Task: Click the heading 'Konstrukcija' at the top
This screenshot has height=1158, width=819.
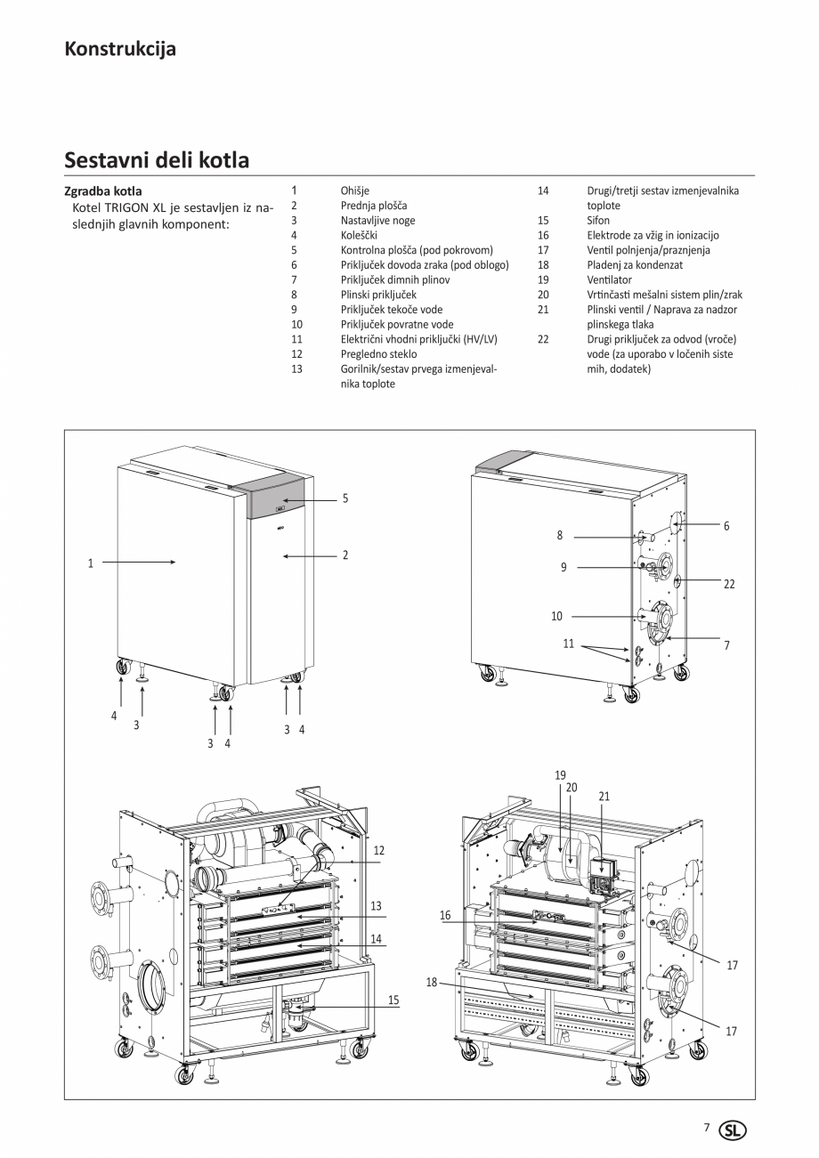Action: point(120,49)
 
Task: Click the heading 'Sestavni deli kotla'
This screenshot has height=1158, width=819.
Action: point(157,160)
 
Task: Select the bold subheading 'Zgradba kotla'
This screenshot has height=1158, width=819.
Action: point(103,191)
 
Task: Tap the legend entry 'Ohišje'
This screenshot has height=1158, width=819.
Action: point(354,190)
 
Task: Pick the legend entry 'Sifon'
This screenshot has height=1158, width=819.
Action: point(598,220)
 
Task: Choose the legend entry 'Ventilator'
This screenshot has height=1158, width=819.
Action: point(609,279)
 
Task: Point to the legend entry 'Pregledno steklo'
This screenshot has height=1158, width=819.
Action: point(378,354)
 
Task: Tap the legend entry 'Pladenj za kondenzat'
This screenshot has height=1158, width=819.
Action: point(635,265)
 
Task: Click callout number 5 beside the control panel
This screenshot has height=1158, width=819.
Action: point(345,498)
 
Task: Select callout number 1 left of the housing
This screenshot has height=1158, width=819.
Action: point(90,563)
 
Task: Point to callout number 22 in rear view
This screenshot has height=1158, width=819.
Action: point(729,584)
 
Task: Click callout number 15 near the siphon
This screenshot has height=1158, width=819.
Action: point(393,1000)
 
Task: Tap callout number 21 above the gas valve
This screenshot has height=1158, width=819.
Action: point(604,797)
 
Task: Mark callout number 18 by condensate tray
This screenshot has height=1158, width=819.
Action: point(432,983)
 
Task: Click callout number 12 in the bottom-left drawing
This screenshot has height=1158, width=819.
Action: point(378,851)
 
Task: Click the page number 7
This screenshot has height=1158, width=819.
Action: point(707,1128)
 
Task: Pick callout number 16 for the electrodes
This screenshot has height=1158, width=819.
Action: point(445,915)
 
